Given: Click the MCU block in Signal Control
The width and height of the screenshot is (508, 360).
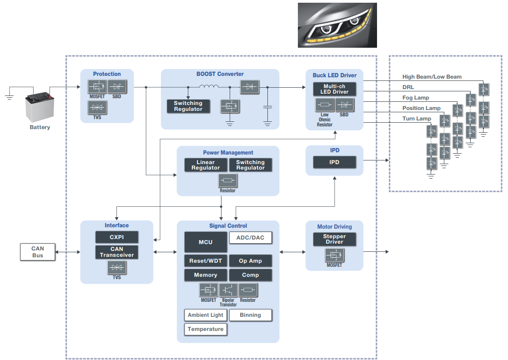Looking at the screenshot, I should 206,242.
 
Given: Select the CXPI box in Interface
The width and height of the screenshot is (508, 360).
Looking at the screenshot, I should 117,237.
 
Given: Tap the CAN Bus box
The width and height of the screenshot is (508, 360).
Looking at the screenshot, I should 38,252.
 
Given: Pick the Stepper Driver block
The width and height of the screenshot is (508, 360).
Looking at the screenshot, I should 334,239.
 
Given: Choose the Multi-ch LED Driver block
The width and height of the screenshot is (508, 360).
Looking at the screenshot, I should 334,89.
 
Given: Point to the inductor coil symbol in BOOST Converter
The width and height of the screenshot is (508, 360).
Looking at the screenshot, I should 208,86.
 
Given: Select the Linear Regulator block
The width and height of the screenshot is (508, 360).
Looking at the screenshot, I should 206,165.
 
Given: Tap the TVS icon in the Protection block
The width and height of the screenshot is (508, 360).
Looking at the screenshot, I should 97,107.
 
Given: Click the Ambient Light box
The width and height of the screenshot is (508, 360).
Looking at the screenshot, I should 206,315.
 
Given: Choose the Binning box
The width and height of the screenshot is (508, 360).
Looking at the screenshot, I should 250,315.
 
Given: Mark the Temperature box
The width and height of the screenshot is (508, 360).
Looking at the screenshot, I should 206,329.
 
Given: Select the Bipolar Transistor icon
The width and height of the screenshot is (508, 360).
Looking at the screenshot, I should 228,290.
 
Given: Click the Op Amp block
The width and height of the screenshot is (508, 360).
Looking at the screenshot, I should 250,261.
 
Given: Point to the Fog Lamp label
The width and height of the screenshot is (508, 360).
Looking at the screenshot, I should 416,98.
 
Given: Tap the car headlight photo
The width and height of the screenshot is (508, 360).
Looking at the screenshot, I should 337,25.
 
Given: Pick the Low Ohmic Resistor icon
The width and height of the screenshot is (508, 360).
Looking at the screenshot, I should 325,105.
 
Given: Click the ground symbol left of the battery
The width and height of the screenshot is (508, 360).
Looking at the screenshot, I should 9,95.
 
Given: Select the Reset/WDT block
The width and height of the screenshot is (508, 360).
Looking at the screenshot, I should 206,261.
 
